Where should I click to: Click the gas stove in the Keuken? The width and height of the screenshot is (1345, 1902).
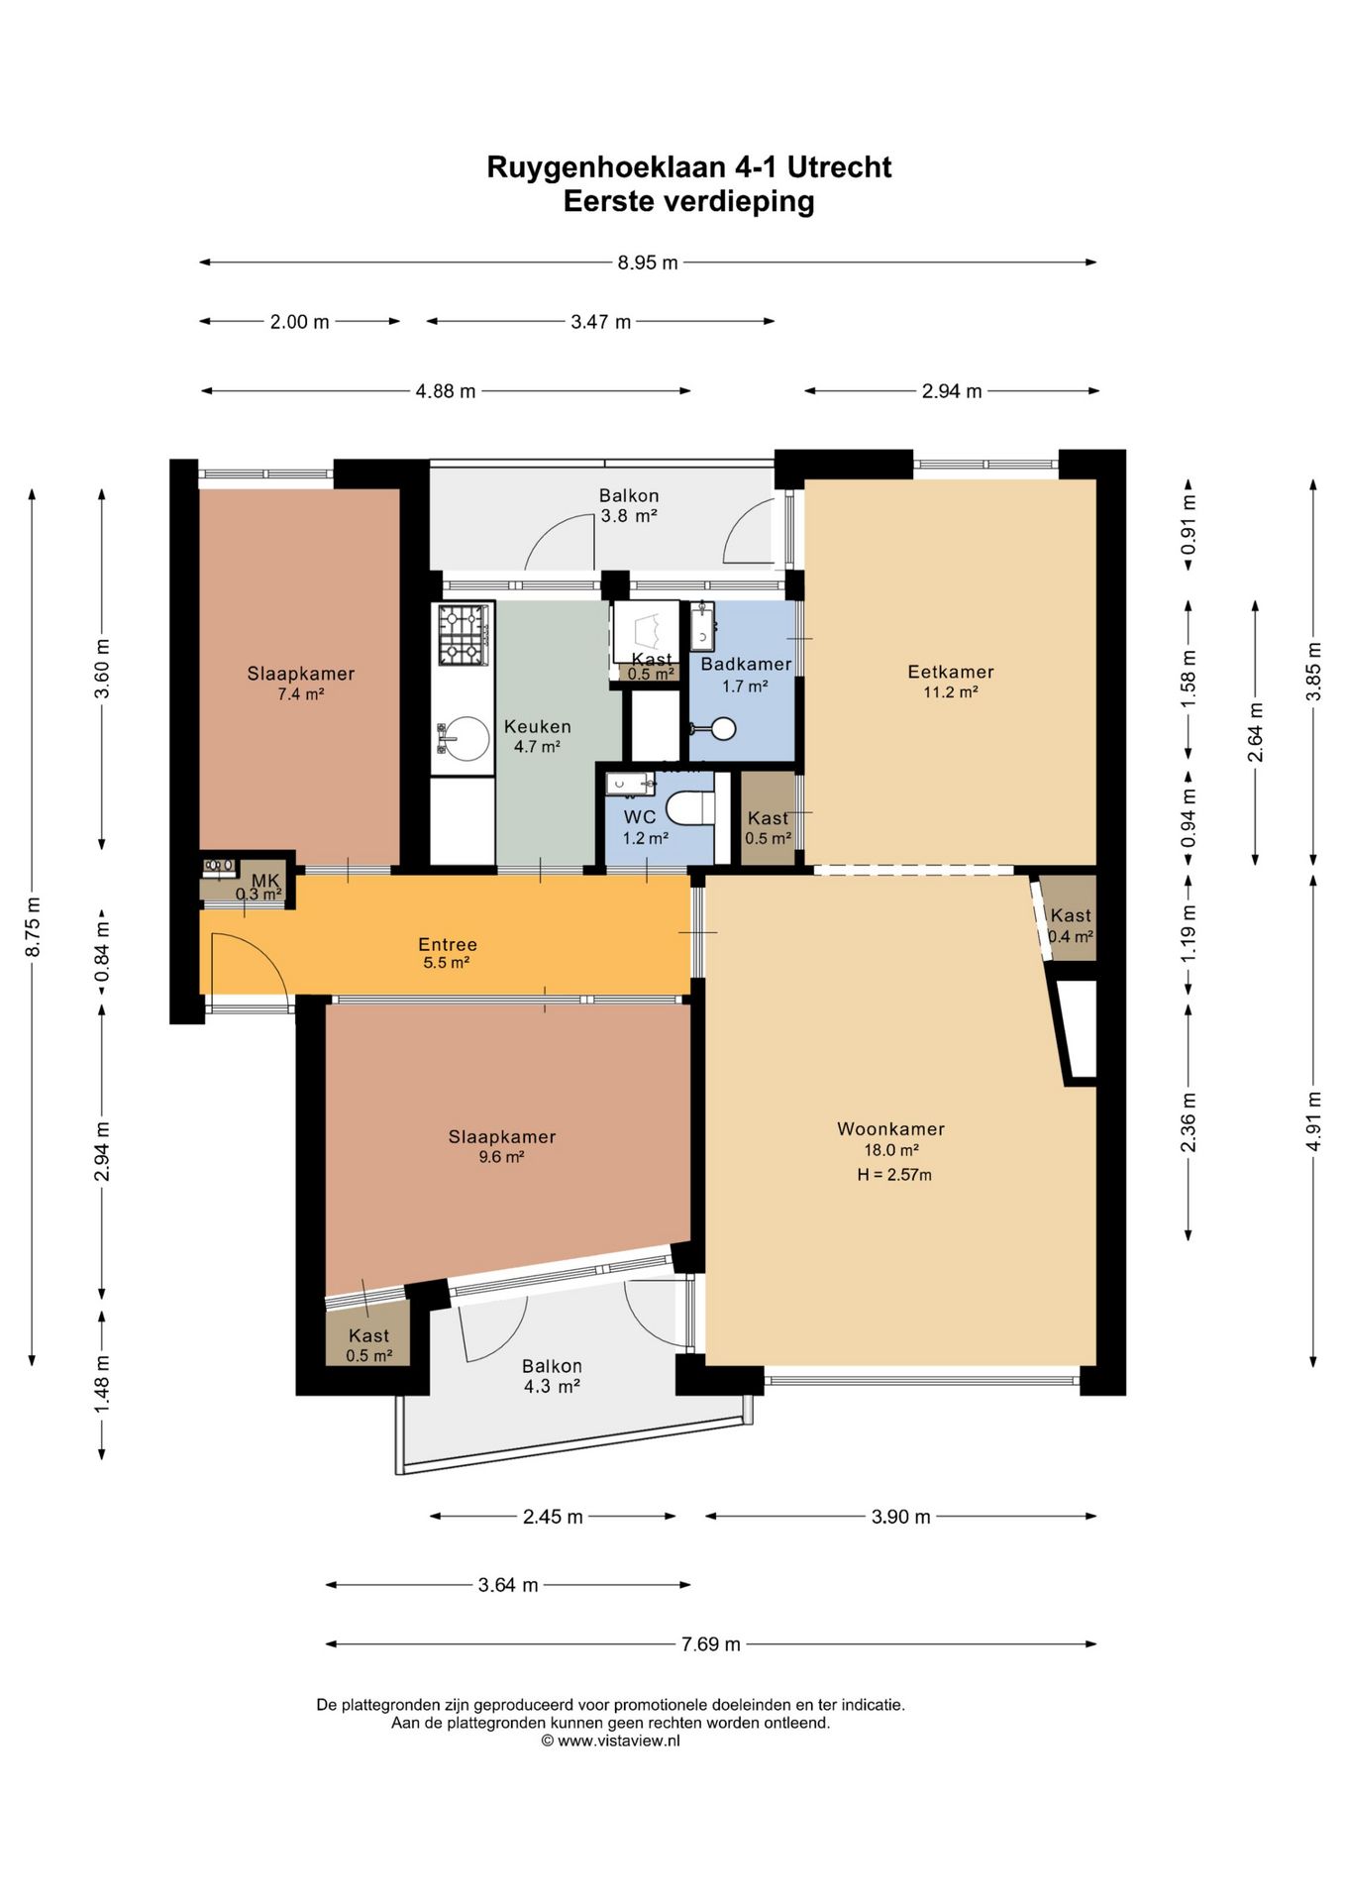tap(463, 635)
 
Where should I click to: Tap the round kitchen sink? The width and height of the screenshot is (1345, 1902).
tap(465, 738)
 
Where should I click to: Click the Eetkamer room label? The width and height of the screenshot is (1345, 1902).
tap(951, 672)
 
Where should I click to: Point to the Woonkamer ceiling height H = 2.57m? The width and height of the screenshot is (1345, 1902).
tap(894, 1175)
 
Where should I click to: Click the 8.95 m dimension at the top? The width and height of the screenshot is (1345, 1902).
tap(648, 263)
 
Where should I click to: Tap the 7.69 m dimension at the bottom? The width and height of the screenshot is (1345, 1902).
tap(710, 1644)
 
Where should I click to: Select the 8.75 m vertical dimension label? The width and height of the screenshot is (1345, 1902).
tap(33, 926)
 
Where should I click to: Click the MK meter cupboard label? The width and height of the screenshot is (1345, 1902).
tap(265, 881)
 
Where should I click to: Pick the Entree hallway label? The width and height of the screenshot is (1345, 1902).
tap(448, 944)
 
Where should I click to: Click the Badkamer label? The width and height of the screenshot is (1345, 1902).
tap(746, 664)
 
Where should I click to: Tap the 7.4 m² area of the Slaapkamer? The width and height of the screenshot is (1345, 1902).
tap(301, 694)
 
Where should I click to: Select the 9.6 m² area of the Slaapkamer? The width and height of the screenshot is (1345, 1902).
tap(501, 1157)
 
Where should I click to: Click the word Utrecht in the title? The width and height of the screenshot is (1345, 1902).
tap(839, 166)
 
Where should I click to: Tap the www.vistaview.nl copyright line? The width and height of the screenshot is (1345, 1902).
tap(610, 1741)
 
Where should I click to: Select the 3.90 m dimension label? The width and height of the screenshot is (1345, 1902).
tap(900, 1517)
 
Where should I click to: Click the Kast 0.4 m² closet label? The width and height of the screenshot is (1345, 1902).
tap(1071, 925)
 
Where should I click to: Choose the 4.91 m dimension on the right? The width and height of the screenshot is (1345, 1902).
tap(1314, 1120)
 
